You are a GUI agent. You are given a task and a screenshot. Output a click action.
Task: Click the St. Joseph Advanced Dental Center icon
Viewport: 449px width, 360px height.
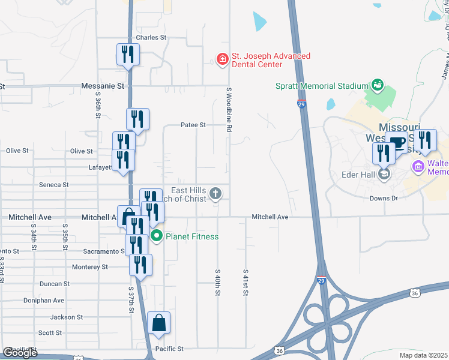click(222, 59)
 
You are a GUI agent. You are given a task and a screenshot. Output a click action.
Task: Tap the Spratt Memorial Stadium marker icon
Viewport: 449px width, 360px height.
click(377, 84)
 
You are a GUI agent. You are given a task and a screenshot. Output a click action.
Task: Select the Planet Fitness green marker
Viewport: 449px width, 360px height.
click(157, 236)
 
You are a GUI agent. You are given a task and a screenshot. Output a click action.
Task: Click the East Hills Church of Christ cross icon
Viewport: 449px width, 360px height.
click(216, 193)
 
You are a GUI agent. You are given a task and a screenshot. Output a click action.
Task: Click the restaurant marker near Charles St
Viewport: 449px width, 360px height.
click(128, 55)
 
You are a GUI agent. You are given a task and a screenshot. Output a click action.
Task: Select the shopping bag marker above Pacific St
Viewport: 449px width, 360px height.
click(158, 323)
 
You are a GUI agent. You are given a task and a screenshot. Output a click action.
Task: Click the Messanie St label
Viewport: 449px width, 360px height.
click(102, 86)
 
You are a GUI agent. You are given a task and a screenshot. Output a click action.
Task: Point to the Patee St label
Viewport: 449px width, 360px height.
click(193, 125)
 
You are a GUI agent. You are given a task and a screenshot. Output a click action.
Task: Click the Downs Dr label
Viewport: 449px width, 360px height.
click(384, 198)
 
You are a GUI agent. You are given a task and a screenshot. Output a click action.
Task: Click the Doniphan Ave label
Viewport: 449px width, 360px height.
click(44, 300)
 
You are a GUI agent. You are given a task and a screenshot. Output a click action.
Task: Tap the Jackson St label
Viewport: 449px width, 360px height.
click(66, 317)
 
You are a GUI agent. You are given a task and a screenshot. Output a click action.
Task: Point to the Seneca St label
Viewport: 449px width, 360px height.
click(53, 185)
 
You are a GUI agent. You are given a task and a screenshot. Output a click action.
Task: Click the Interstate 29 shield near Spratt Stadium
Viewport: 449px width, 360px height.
click(301, 104)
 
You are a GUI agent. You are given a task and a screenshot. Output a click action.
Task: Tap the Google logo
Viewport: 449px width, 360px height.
click(20, 353)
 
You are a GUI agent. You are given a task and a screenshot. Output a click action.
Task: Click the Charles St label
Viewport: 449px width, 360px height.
click(151, 37)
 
